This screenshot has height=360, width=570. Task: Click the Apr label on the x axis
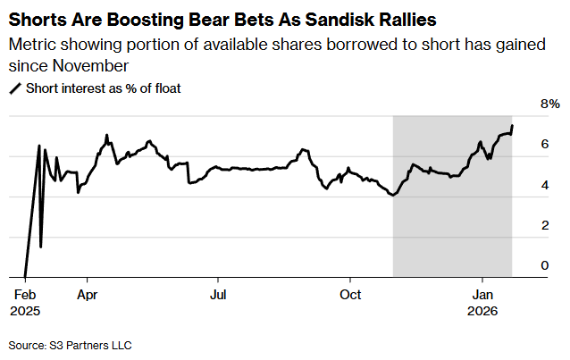tap(87, 294)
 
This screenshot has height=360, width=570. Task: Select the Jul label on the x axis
tap(217, 294)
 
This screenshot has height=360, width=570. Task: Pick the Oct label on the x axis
tap(351, 294)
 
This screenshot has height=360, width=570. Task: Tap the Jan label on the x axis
tap(482, 294)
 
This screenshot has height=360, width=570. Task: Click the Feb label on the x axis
tap(24, 294)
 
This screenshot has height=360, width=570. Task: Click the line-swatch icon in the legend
tap(15, 88)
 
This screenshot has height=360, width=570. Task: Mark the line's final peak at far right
tap(512, 125)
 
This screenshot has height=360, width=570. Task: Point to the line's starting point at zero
tap(25, 277)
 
